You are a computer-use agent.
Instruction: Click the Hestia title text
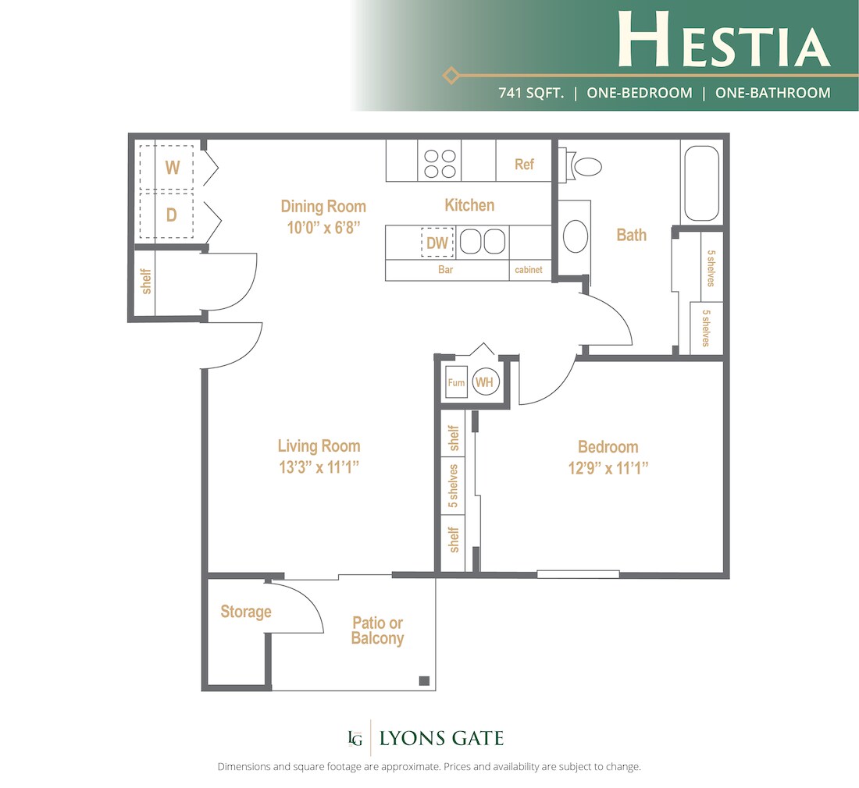723,39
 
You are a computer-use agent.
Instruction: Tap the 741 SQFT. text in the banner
530,93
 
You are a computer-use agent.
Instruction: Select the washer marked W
172,167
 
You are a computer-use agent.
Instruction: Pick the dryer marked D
172,215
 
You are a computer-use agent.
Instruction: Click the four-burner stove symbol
440,162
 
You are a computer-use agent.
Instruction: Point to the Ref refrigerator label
524,164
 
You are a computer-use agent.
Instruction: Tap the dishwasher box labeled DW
437,243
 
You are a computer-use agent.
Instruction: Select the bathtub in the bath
701,184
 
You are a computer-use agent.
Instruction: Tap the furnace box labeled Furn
456,383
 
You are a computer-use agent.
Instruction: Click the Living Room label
319,446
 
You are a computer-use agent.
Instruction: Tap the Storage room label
245,612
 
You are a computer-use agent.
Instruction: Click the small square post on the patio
424,680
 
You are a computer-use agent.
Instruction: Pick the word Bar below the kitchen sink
446,271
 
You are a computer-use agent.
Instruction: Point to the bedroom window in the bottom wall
578,575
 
